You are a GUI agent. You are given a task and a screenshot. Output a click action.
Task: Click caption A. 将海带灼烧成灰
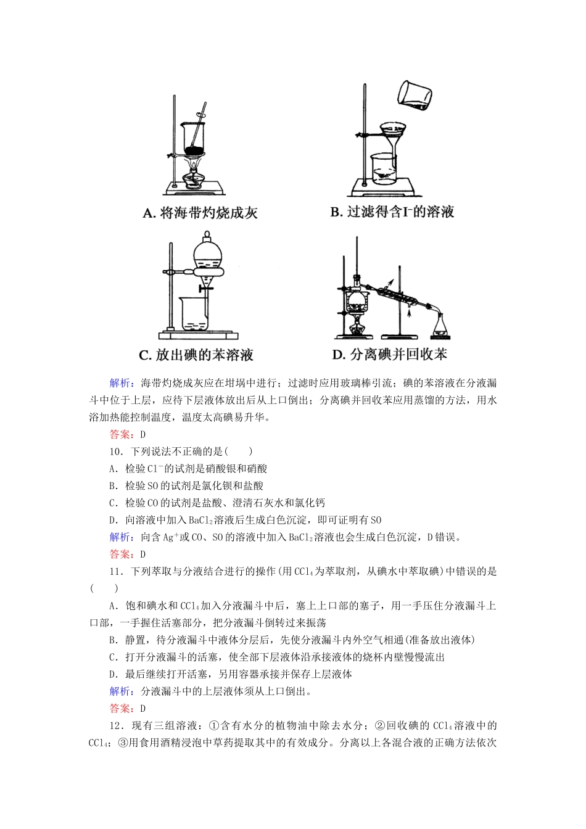click(200, 213)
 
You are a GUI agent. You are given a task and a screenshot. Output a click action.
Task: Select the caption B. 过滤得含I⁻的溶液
click(392, 212)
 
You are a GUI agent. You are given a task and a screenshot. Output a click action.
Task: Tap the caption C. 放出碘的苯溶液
click(196, 355)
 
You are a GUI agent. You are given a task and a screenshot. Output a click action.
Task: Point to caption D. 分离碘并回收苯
click(389, 355)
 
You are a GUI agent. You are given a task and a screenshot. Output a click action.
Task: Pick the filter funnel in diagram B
click(390, 136)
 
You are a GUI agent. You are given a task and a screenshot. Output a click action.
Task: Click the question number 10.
click(116, 452)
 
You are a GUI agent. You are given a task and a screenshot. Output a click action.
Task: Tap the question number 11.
click(116, 571)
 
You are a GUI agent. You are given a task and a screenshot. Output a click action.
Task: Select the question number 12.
click(116, 725)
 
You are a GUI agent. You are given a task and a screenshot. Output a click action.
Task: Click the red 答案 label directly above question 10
click(120, 434)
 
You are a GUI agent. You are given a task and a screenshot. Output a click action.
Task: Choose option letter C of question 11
click(113, 657)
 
